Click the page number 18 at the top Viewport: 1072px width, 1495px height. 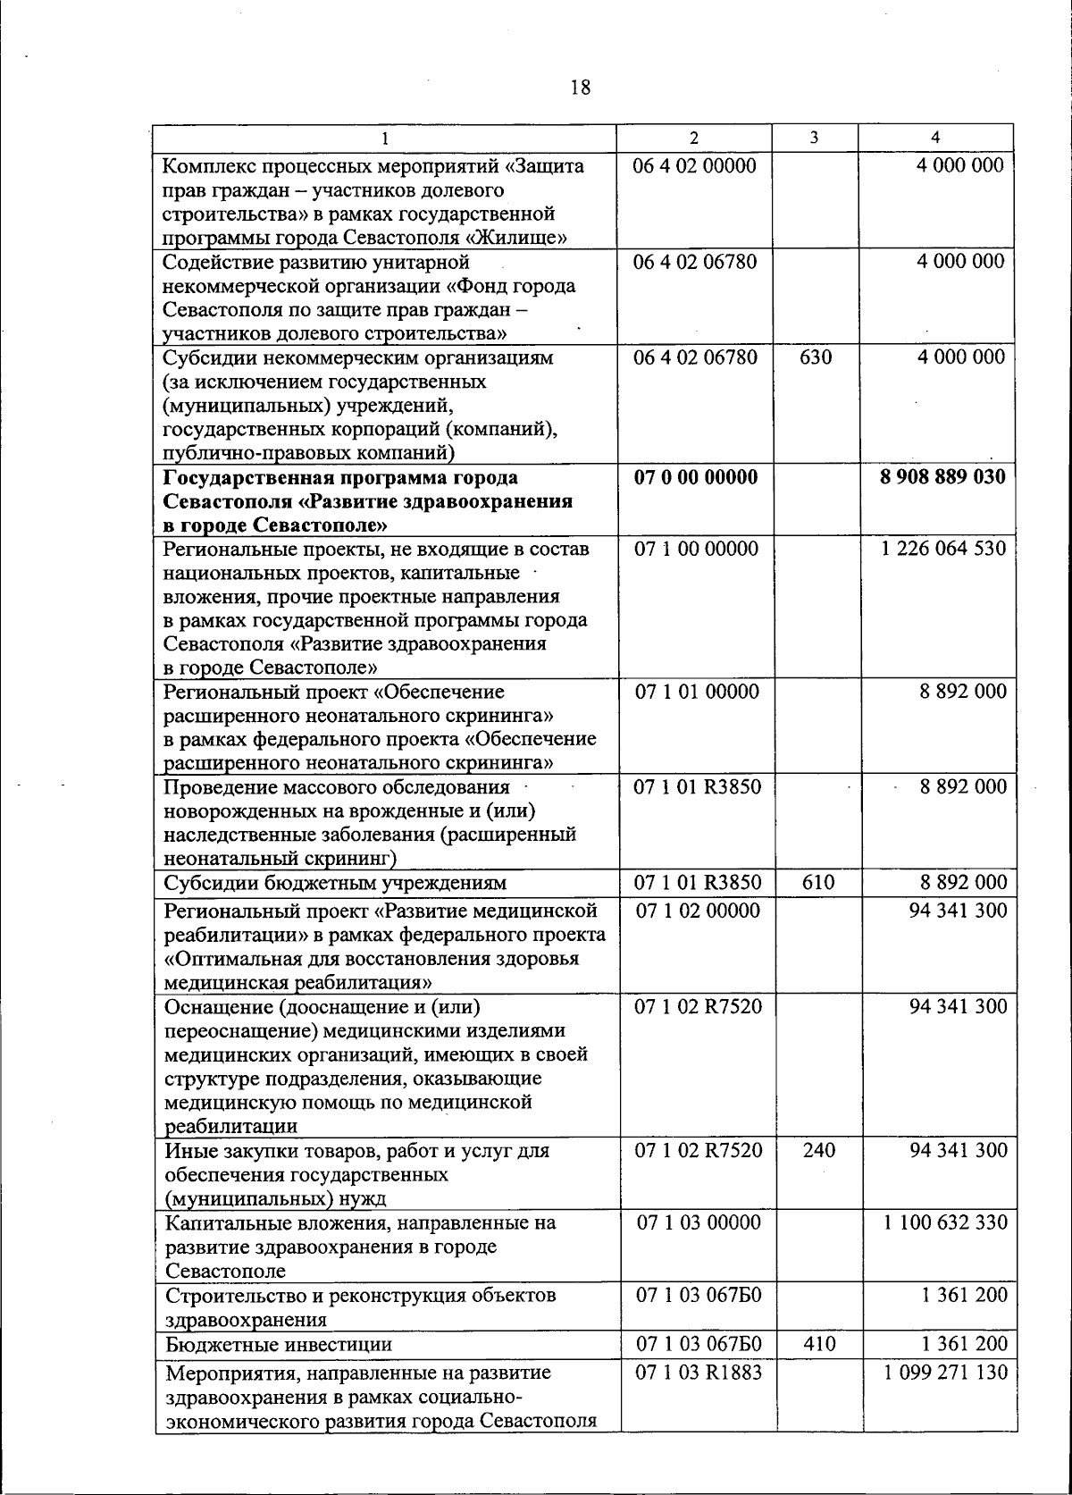[580, 88]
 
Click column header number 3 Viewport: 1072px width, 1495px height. [814, 138]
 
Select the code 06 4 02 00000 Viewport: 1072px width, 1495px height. [694, 165]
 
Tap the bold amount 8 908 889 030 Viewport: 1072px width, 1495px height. [942, 476]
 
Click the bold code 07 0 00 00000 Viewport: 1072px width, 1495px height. [696, 476]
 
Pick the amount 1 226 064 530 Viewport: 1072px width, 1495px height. [943, 549]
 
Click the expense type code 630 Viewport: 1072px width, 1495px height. [815, 357]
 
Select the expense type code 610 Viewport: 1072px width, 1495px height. [818, 883]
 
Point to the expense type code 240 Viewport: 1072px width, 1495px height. [818, 1150]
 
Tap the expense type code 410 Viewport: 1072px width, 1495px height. [819, 1344]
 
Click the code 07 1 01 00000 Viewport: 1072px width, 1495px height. [698, 692]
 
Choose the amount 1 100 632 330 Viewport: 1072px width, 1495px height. [946, 1222]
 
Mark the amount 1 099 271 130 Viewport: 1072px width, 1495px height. [946, 1373]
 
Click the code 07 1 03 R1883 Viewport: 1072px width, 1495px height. [699, 1373]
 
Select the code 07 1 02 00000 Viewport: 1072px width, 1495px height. [698, 911]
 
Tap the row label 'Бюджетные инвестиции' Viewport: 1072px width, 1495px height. [279, 1344]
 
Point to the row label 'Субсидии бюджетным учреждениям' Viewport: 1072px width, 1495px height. [335, 883]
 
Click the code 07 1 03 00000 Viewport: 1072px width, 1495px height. [699, 1222]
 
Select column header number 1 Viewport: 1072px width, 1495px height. [384, 138]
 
